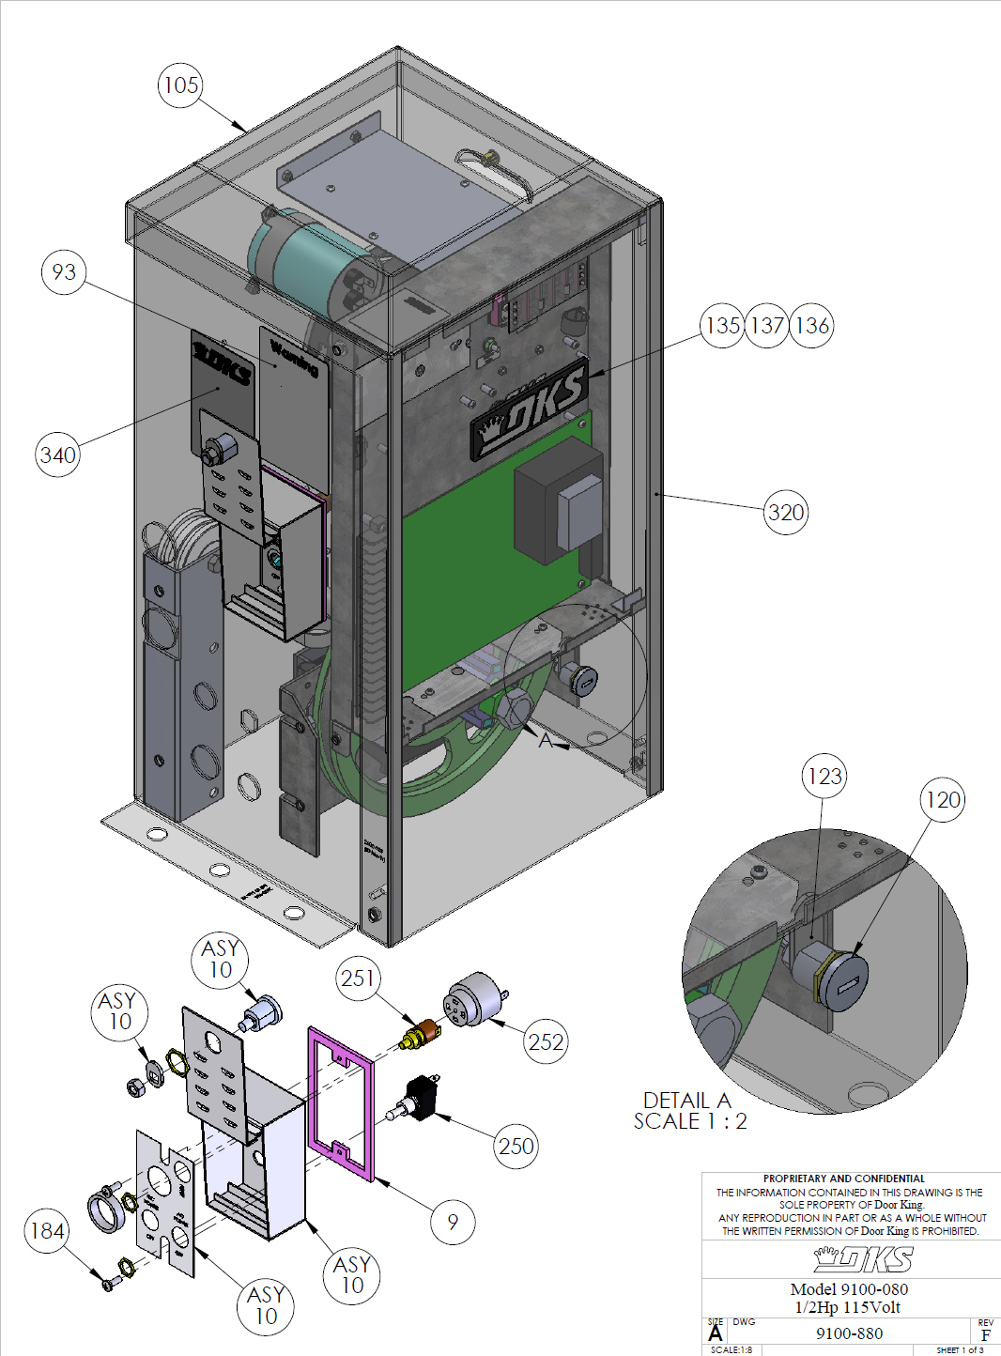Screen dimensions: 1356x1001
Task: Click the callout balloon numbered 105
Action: coord(180,85)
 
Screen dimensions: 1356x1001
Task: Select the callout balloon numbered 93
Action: coord(64,272)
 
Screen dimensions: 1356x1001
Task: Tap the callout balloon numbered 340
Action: coord(58,455)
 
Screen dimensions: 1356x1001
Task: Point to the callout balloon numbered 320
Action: coord(786,513)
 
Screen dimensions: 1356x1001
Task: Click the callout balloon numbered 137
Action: coord(767,326)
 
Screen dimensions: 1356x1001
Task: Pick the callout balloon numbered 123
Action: coord(824,777)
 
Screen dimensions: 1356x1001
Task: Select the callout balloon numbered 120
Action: coord(943,800)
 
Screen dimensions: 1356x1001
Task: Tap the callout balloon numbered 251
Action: coord(358,978)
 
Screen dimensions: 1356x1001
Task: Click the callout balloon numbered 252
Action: coord(546,1042)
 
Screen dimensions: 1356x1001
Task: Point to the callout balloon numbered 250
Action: coord(516,1147)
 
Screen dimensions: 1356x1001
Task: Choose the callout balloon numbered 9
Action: coord(453,1222)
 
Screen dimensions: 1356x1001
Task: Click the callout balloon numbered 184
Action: coord(47,1231)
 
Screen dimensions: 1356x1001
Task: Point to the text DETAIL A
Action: coord(686,1101)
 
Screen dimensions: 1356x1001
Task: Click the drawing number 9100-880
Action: coord(849,1333)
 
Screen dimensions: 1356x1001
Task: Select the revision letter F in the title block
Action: coord(985,1335)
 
